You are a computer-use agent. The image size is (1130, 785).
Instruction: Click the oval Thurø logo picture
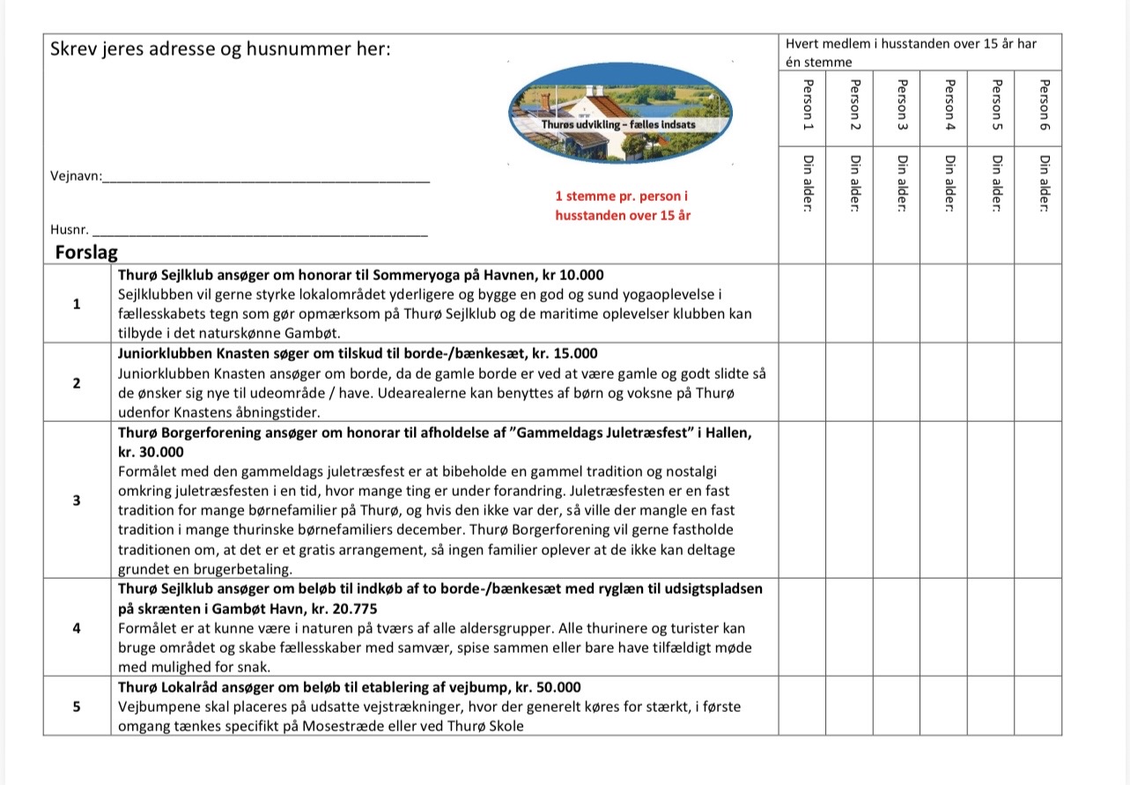click(622, 111)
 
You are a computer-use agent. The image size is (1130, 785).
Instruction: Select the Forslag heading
click(86, 252)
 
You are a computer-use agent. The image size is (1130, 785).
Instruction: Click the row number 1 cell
click(77, 304)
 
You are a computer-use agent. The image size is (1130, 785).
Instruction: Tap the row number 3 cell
click(77, 500)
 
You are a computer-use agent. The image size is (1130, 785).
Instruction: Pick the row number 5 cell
click(77, 706)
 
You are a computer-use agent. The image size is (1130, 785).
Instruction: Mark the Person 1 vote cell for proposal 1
click(801, 303)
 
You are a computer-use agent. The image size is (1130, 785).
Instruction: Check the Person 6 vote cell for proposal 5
click(1038, 706)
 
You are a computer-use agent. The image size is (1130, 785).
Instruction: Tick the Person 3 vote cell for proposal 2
click(897, 382)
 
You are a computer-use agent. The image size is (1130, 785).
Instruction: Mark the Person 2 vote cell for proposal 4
click(849, 627)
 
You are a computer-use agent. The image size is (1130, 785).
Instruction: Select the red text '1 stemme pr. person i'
click(622, 196)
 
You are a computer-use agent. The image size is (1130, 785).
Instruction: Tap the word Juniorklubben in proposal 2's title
click(158, 353)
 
